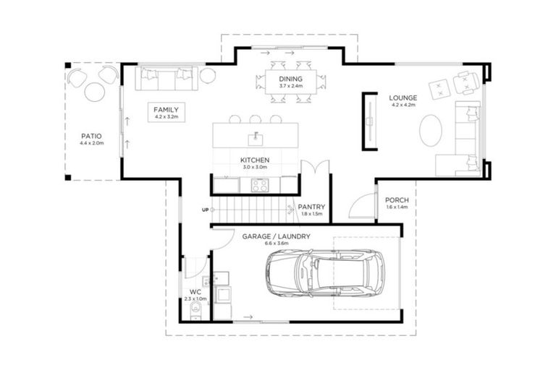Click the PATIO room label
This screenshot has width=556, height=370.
91,136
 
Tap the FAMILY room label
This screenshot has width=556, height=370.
166,110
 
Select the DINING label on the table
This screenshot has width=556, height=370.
290,79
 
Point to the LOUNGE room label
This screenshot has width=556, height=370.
403,98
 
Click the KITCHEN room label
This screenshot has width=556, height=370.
255,160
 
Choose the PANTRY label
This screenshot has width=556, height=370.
311,207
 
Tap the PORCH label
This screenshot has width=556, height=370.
397,200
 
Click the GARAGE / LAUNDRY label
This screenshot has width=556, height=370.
277,236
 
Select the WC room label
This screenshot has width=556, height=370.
195,292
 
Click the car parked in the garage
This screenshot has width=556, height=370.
325,272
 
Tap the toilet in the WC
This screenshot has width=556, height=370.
195,311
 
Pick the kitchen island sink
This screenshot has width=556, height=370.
256,139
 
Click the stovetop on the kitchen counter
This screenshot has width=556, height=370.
260,185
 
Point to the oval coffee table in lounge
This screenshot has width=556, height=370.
431,130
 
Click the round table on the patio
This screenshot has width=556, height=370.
95,92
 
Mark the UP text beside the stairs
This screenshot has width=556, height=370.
205,210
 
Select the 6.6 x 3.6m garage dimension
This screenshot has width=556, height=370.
277,244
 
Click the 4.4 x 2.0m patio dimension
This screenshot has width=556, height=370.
91,143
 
